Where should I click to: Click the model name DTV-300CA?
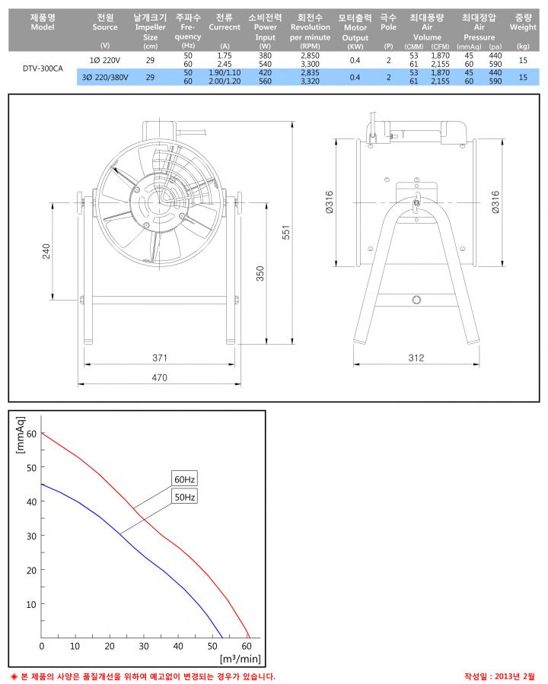[43, 68]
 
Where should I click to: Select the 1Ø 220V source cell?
[105, 60]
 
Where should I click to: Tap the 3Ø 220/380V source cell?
[105, 77]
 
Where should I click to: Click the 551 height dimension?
[285, 232]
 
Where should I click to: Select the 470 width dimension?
[159, 377]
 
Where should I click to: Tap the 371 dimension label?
[160, 358]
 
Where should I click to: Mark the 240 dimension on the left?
[46, 251]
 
